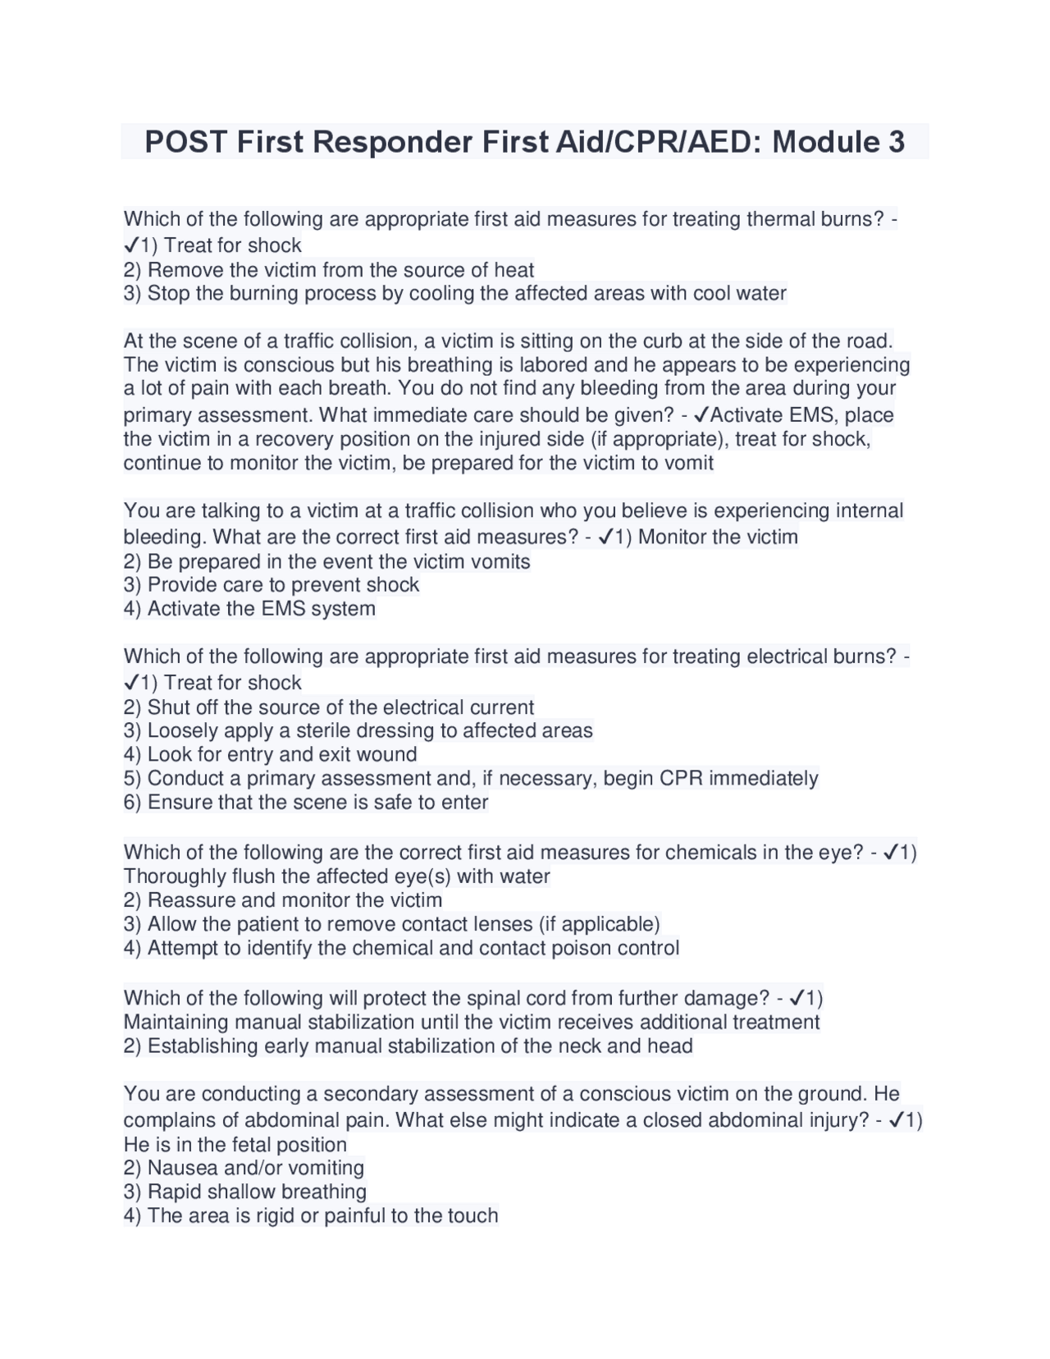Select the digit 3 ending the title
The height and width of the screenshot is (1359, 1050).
pyautogui.click(x=896, y=143)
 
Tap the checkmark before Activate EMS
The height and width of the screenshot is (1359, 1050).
pyautogui.click(x=701, y=415)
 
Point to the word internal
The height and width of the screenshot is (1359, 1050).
pyautogui.click(x=869, y=510)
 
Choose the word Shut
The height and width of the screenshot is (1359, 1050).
pyautogui.click(x=169, y=707)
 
